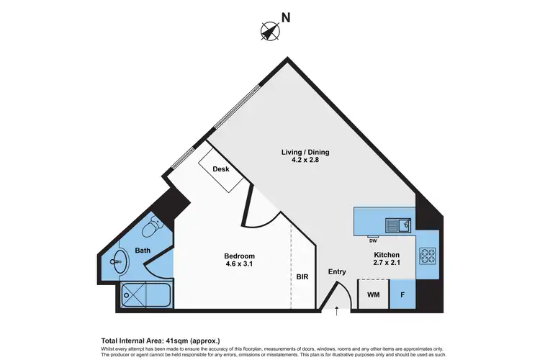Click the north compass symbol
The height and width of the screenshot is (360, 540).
pos(269,31)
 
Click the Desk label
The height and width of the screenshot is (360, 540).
pos(221,169)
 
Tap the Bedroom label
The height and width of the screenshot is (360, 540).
pos(239,256)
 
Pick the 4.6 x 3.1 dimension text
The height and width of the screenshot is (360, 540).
pos(239,266)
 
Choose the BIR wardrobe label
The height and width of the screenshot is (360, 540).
pos(303,276)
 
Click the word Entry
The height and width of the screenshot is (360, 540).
pos(337,271)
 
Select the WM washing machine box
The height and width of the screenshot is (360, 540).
pos(373,294)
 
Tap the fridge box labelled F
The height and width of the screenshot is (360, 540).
pos(402,294)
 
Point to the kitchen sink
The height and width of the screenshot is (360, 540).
pos(397,225)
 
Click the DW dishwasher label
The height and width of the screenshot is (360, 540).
pos(373,240)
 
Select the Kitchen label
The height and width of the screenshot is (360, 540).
pos(386,256)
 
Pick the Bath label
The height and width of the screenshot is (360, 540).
pos(143,251)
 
